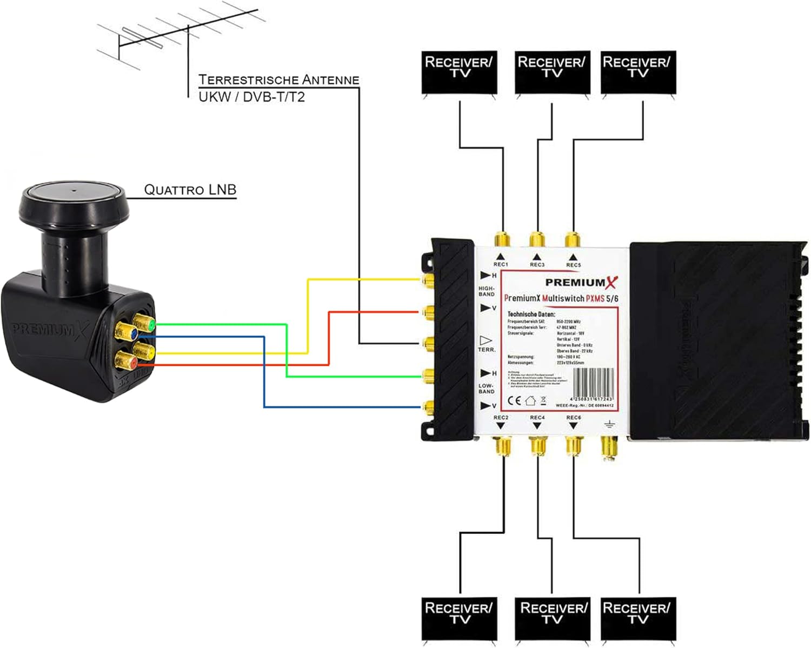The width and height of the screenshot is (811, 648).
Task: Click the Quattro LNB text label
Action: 190,190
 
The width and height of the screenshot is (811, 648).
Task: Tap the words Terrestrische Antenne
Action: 278,79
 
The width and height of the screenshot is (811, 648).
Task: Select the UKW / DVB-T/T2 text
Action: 251,97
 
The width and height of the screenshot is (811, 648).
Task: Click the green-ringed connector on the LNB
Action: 144,324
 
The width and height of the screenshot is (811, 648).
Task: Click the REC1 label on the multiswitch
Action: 501,264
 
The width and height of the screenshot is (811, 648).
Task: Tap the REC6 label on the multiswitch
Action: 573,418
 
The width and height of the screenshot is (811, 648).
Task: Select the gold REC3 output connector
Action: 537,239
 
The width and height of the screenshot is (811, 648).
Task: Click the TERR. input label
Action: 487,350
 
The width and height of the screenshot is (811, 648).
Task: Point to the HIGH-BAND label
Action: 486,291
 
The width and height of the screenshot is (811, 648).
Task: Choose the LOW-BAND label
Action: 486,389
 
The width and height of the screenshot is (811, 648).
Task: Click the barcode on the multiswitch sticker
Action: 593,383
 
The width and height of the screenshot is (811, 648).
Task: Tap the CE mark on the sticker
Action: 514,400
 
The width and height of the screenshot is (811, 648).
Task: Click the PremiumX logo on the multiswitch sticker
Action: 581,282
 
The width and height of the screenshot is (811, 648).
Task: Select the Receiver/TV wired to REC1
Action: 459,73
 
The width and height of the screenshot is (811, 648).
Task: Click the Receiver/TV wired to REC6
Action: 639,618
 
